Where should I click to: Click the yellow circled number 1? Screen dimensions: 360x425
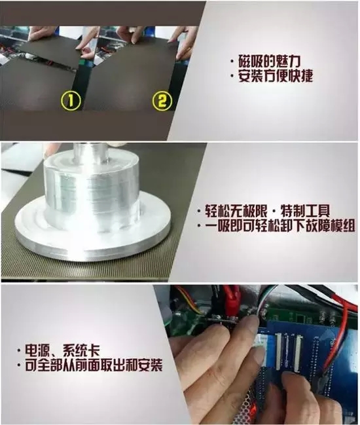pyautogui.click(x=71, y=101)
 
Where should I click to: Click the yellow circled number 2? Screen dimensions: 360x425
pyautogui.click(x=162, y=101)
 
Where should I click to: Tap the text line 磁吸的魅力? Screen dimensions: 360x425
pyautogui.click(x=270, y=62)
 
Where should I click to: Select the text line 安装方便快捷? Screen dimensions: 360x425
pyautogui.click(x=276, y=76)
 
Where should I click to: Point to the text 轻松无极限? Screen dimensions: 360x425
pyautogui.click(x=236, y=211)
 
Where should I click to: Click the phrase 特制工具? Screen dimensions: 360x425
pyautogui.click(x=305, y=211)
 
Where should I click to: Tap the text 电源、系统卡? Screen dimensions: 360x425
pyautogui.click(x=62, y=350)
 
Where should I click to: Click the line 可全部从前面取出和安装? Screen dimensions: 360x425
pyautogui.click(x=94, y=365)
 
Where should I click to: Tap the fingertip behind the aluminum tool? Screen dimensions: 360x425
pyautogui.click(x=52, y=149)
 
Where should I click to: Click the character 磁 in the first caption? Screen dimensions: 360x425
pyautogui.click(x=244, y=62)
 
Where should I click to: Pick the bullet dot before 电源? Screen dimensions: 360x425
pyautogui.click(x=19, y=351)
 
